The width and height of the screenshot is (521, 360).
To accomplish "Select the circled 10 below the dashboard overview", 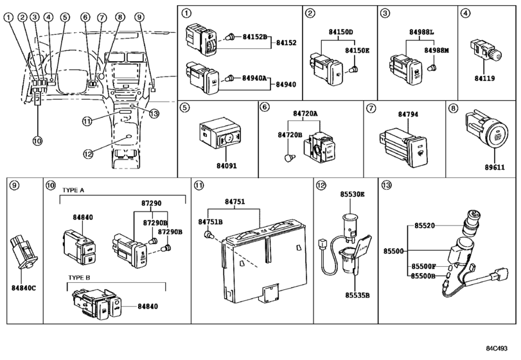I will tap(37, 140).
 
